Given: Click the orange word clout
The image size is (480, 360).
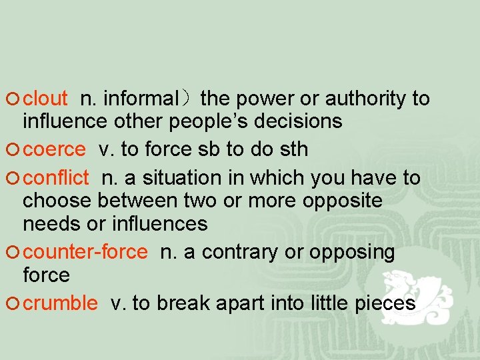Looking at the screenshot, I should pos(45,99).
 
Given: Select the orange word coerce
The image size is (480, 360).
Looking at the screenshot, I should pos(54,149).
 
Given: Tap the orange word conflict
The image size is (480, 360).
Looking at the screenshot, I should pos(55,178).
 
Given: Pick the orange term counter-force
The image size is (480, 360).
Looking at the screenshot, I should pos(85,252).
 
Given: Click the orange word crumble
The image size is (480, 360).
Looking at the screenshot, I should pos(60,303).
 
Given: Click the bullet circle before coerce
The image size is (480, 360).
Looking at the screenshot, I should pos(15,150).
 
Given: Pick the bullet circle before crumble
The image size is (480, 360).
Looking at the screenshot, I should pos(15,304).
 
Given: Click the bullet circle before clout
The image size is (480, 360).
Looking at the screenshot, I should pos(15,99).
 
